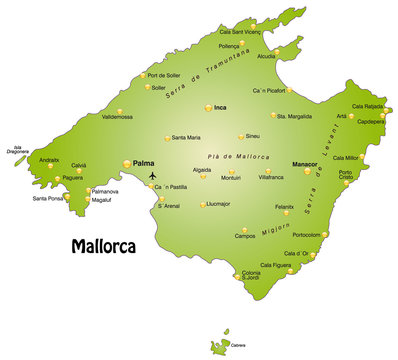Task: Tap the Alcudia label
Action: click(267, 57)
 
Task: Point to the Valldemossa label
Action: click(117, 116)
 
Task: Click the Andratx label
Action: click(49, 160)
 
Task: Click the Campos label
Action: click(244, 236)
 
